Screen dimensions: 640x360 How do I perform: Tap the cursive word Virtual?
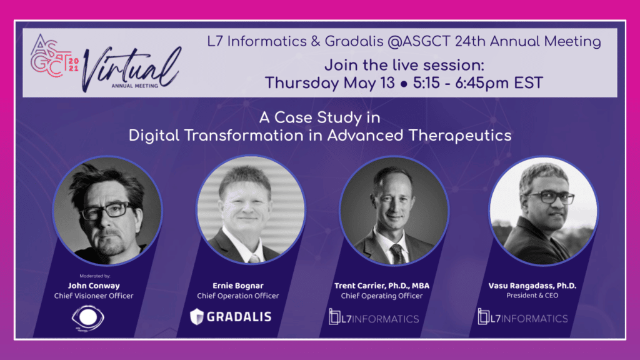click(131, 69)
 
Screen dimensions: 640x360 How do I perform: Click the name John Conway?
click(94, 286)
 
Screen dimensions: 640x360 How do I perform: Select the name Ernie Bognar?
click(238, 286)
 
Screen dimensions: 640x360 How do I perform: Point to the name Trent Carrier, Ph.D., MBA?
click(382, 286)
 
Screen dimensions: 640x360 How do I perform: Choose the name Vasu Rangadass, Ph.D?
click(532, 286)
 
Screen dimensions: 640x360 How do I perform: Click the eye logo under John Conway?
click(87, 318)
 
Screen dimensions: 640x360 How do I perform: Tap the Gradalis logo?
click(231, 317)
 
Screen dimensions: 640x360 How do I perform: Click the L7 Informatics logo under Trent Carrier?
click(374, 317)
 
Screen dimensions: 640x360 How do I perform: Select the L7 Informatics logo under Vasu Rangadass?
click(523, 317)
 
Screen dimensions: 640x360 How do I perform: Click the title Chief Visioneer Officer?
click(94, 296)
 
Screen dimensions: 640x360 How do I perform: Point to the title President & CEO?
click(532, 296)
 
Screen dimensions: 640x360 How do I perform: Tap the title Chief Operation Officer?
click(238, 296)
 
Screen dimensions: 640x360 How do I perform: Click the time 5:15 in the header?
click(426, 83)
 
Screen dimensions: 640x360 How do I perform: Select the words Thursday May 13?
click(330, 83)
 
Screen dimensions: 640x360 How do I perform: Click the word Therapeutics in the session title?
click(460, 136)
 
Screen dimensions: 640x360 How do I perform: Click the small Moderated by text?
click(95, 276)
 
